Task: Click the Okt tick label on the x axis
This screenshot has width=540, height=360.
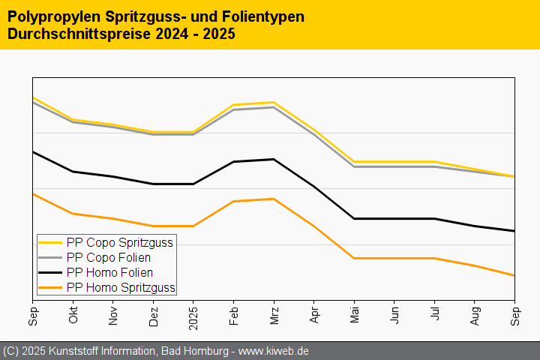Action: (73, 316)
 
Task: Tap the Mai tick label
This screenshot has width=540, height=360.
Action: (355, 316)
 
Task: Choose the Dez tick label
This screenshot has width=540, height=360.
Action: (154, 315)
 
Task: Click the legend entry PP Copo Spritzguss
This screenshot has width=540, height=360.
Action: (120, 242)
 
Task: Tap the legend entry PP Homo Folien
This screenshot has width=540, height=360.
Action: (114, 272)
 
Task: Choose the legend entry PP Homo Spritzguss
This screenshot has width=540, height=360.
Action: (120, 287)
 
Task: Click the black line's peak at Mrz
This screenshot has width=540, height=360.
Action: (274, 159)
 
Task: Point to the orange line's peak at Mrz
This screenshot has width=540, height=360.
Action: (274, 199)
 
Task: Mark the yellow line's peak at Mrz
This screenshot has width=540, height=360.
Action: (274, 102)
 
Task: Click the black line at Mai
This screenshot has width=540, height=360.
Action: (355, 218)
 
